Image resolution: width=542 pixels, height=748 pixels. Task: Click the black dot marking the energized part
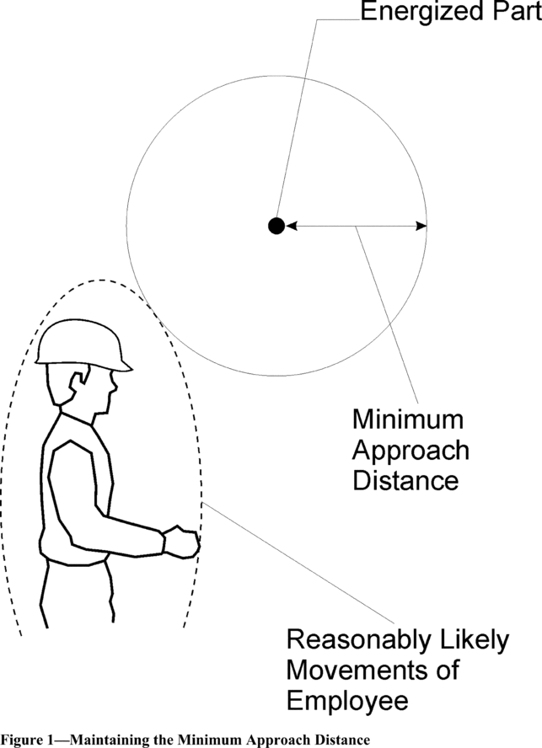275,225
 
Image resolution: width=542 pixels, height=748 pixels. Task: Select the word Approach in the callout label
410,450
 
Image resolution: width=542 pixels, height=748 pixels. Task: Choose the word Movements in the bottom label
357,671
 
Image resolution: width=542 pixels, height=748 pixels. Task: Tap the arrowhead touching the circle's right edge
421,225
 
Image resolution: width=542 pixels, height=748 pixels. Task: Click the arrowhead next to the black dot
292,225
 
